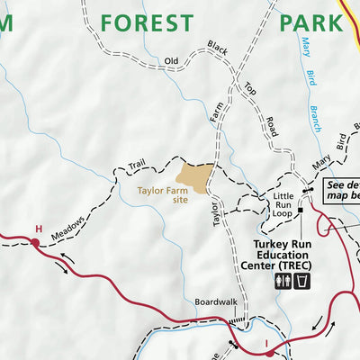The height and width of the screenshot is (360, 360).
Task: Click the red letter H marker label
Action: [x=37, y=229]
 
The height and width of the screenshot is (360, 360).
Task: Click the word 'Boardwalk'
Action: [x=214, y=301]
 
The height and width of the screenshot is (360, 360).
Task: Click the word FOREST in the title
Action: [x=147, y=22]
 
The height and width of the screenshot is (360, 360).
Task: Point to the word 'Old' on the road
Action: [x=173, y=61]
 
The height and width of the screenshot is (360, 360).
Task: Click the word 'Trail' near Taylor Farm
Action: [x=136, y=164]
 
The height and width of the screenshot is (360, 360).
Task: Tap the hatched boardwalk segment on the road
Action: [x=236, y=319]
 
